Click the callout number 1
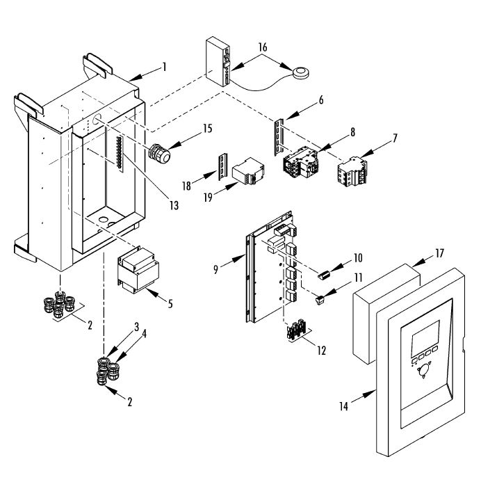coord(164,67)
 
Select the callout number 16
coord(263,47)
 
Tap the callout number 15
coord(207,128)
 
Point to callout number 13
coord(172,205)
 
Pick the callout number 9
coord(216,269)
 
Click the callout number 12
coord(321,351)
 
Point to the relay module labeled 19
coord(248,173)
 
